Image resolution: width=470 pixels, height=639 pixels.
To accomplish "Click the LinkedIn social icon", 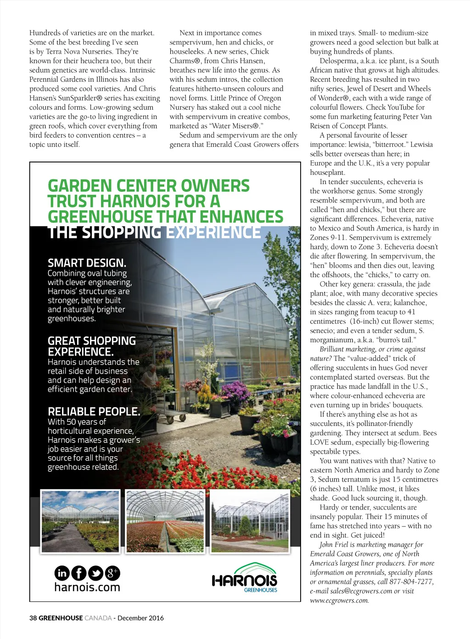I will point(62,573).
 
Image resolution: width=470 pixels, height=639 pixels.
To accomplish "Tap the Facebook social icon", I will point(79,573).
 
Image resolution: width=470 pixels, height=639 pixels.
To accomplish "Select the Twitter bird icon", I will point(95,573).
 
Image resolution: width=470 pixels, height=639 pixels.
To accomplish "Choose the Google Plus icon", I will point(112,573).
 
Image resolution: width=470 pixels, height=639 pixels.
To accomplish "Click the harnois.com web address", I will point(87,587).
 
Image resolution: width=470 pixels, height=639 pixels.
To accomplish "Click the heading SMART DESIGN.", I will point(87,263).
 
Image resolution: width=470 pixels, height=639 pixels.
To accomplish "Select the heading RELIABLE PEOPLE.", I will point(94,411).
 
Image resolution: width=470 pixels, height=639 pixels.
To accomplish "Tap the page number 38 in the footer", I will point(33,618).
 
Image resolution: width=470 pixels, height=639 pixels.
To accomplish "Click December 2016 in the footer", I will point(140,618).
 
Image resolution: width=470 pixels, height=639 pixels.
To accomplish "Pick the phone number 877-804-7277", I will point(411,582).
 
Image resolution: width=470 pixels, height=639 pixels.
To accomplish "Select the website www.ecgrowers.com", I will point(339,600).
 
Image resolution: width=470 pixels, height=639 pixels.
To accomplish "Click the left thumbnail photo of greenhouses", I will point(80,521).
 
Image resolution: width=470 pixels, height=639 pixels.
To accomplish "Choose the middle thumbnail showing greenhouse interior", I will point(165,521).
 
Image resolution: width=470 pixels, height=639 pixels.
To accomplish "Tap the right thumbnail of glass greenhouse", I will point(250,521).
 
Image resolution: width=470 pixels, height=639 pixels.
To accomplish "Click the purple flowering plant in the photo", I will point(235,390).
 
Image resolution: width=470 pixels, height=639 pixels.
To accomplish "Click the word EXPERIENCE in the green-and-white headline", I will point(213,232).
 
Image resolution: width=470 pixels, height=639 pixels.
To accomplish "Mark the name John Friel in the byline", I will point(334,544).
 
